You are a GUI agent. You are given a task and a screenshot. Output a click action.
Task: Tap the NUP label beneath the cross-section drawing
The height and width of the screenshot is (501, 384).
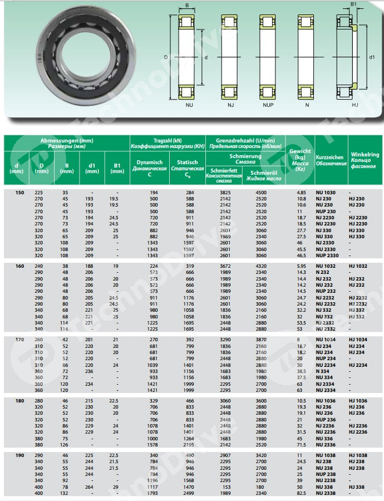268,104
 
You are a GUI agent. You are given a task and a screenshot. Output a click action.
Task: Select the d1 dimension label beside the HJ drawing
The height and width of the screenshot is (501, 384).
372,56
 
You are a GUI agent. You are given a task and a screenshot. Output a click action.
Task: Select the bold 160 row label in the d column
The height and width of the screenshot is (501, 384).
20,266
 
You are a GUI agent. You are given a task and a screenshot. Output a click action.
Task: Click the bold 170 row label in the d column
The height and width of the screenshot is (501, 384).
20,339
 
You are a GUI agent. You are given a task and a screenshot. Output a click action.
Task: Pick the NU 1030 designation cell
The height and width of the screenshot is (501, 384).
326,192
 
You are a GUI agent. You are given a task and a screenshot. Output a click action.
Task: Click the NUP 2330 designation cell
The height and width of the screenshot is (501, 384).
327,255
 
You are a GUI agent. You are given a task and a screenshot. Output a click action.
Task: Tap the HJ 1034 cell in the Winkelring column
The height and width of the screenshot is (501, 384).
359,339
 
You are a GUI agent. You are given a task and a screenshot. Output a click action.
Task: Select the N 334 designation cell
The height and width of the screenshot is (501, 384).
323,370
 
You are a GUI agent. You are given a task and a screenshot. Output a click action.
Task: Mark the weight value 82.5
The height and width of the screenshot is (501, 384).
302,493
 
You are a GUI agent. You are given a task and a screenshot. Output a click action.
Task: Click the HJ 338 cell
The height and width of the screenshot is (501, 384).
357,487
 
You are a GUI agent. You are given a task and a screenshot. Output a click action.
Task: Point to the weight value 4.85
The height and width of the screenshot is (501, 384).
302,192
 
